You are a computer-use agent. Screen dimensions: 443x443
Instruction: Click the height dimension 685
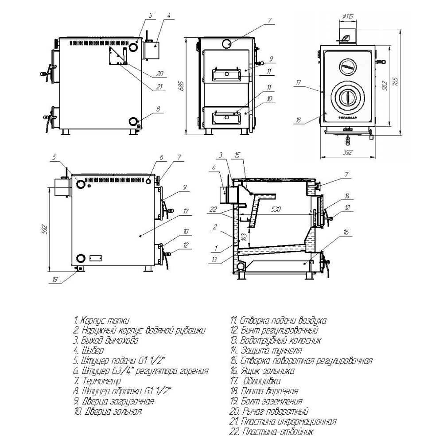[181, 85]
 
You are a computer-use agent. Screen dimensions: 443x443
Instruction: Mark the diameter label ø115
[348, 16]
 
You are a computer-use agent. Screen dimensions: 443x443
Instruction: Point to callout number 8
[157, 109]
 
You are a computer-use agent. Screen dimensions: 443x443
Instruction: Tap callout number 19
[55, 280]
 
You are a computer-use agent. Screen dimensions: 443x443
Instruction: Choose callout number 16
[346, 232]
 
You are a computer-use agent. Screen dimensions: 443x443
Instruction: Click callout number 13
[214, 260]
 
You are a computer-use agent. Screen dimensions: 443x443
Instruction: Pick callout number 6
[162, 157]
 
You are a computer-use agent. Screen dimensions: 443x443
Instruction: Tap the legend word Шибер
[92, 350]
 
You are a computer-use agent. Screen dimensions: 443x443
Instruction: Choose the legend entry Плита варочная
[269, 391]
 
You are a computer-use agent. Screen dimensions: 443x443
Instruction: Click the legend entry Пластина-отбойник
[279, 432]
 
